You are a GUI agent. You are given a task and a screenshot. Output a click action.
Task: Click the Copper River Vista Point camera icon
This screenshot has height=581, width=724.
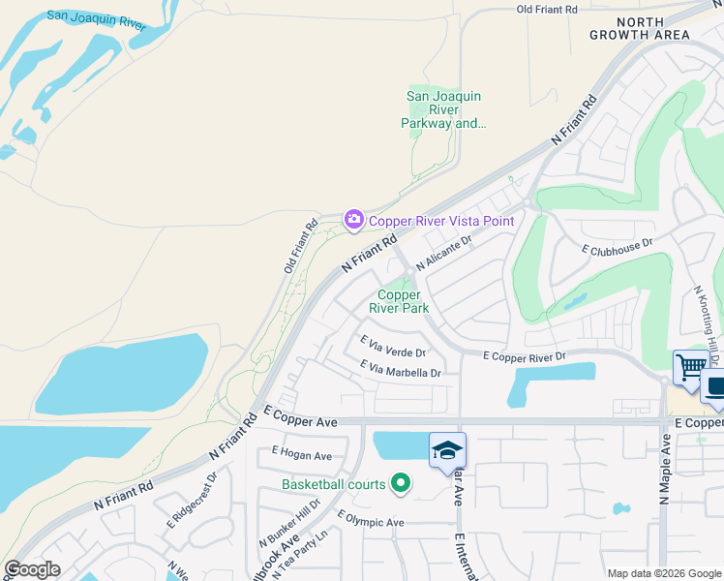(x=353, y=220)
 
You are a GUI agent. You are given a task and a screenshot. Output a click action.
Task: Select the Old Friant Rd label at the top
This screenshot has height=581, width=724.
(x=547, y=9)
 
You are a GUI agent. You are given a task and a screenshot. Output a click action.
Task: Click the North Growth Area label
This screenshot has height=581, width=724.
(x=641, y=28)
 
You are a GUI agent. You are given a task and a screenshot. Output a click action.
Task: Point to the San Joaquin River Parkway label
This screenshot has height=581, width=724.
(x=443, y=109)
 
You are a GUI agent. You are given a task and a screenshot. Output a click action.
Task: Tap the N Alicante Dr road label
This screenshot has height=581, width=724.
(x=443, y=254)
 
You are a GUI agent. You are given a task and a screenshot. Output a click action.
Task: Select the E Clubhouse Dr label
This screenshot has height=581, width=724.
(x=618, y=248)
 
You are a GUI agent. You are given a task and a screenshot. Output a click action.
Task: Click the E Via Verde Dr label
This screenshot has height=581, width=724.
(x=393, y=345)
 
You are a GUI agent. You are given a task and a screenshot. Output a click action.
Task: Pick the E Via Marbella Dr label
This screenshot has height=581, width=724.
(x=400, y=369)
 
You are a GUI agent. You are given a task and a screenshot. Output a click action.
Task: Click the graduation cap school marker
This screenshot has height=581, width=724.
(x=448, y=449)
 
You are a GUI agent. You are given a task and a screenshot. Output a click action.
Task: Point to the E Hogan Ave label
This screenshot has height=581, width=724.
(x=302, y=454)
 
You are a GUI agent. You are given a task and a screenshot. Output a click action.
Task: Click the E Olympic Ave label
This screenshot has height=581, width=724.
(x=370, y=522)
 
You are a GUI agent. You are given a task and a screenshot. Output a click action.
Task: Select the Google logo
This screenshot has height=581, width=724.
(x=32, y=569)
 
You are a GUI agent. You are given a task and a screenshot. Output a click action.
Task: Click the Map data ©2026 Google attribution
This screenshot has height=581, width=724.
(x=664, y=573)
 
